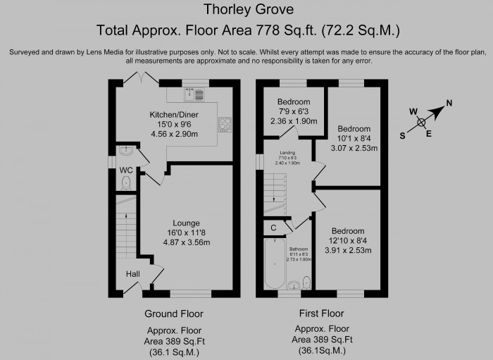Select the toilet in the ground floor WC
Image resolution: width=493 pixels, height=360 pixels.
126,183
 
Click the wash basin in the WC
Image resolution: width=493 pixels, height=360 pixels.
126,150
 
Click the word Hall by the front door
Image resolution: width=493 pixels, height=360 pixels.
133,274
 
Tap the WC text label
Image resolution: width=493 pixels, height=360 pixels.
126,170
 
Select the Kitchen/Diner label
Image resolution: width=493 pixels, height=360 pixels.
174,114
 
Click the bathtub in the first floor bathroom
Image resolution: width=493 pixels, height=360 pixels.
272,264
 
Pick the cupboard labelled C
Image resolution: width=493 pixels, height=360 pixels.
273,228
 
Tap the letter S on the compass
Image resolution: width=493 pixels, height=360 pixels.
403,137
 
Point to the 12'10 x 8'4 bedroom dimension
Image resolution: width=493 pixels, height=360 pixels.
348,240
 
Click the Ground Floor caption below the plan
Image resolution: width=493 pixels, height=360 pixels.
173,314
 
